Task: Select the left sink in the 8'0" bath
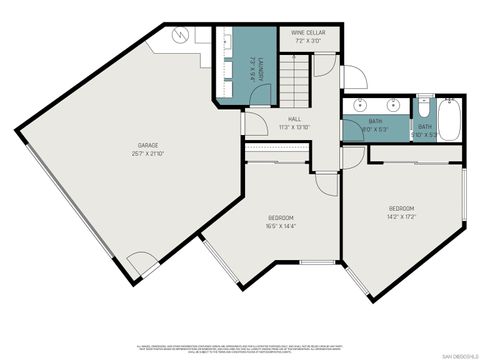356,105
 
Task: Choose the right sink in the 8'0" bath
392,105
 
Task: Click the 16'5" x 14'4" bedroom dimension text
281,226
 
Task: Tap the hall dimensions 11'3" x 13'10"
294,127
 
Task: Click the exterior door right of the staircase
352,78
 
